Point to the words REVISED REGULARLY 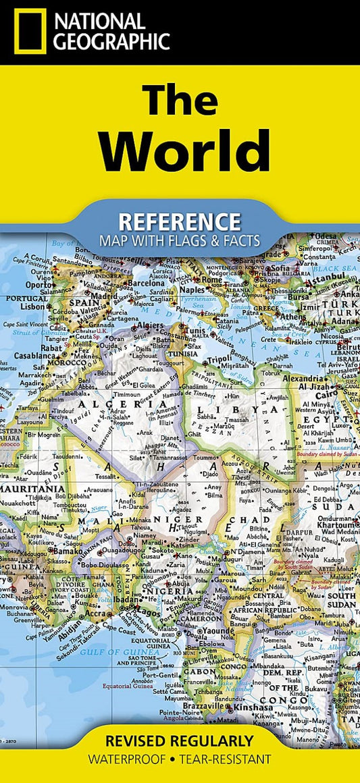tap(179, 740)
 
